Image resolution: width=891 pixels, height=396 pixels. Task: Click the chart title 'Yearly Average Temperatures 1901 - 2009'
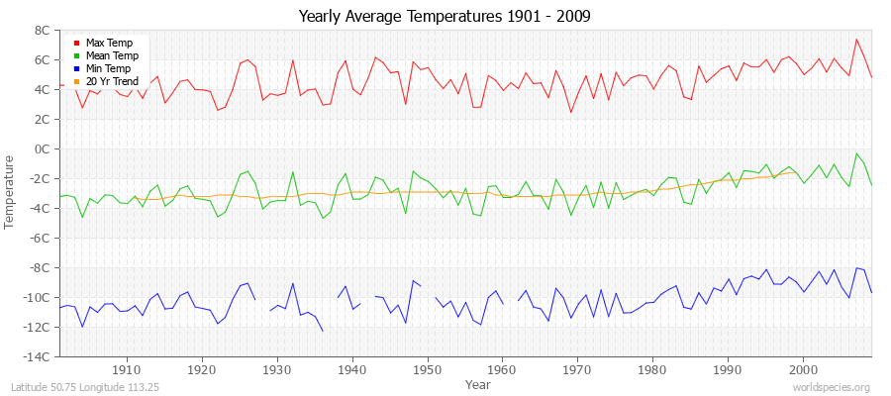click(445, 17)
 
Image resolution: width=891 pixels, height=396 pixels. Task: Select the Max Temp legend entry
click(109, 44)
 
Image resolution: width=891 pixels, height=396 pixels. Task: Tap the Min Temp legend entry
click(108, 68)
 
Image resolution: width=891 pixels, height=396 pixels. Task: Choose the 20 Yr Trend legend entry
click(111, 80)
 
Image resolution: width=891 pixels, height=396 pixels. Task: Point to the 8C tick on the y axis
click(42, 30)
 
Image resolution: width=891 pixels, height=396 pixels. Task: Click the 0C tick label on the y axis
click(42, 148)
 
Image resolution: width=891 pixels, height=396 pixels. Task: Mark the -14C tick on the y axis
click(38, 356)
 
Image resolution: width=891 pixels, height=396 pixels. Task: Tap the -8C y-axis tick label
click(40, 267)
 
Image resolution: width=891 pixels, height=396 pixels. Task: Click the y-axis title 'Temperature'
click(11, 192)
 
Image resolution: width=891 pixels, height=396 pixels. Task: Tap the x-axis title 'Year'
click(477, 384)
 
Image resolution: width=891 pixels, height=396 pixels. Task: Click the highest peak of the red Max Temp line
click(856, 40)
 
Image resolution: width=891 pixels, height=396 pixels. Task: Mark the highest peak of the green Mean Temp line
click(856, 153)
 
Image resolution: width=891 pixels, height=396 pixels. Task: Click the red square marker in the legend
click(76, 45)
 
